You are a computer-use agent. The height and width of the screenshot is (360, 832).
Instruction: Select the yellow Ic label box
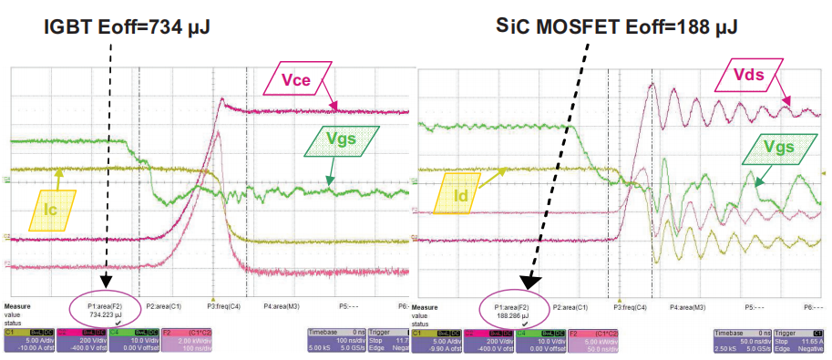click(52, 211)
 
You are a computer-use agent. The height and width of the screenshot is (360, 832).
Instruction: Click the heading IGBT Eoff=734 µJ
click(128, 28)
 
